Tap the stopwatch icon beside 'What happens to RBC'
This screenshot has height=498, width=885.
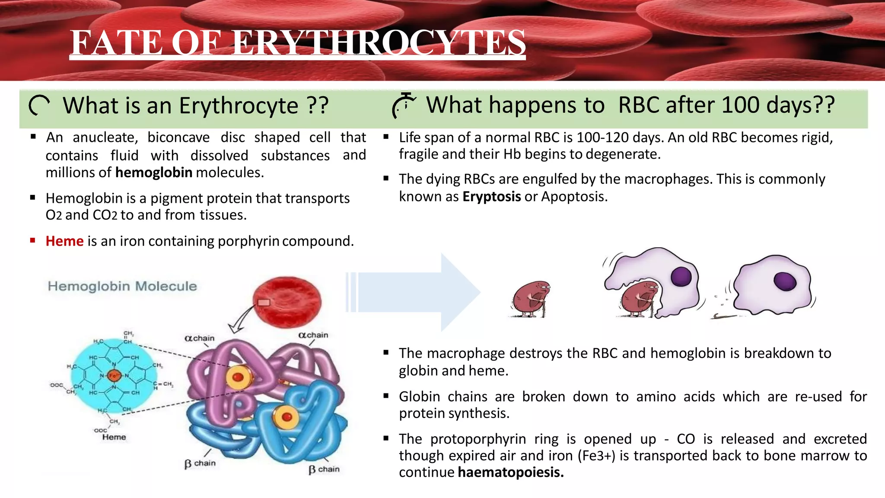[x=404, y=105]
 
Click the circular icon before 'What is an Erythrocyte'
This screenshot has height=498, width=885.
[x=39, y=106]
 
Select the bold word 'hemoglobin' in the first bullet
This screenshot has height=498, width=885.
[x=153, y=172]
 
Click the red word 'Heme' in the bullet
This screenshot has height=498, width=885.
[x=64, y=241]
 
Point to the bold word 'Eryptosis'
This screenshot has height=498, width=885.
[x=491, y=197]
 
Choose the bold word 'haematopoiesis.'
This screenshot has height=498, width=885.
[x=510, y=472]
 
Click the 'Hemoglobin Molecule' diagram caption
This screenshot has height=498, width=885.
[x=122, y=286]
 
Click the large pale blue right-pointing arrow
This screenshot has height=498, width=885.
[x=415, y=292]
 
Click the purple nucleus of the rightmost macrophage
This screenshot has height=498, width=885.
[x=785, y=281]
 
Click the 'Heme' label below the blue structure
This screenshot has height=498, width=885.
[x=114, y=437]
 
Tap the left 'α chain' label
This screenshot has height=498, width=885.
[x=199, y=338]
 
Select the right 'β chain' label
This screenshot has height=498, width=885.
[x=324, y=469]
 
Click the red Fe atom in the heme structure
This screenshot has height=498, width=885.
[x=114, y=376]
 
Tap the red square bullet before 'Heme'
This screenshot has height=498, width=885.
[x=33, y=240]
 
